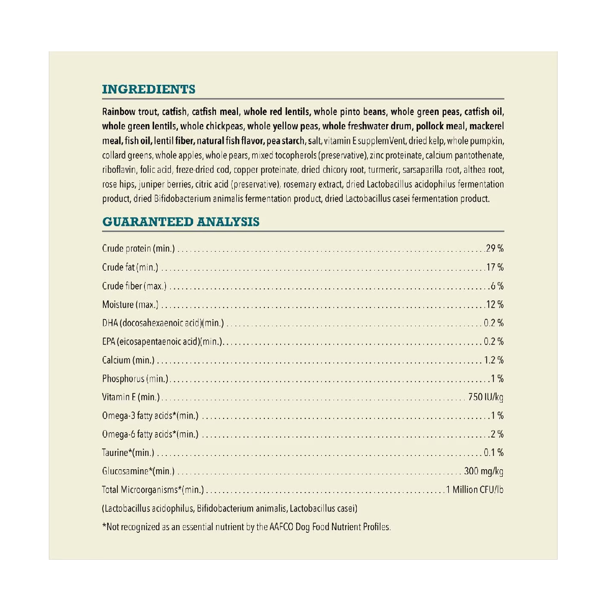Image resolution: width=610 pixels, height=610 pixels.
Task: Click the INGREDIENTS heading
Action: point(148,89)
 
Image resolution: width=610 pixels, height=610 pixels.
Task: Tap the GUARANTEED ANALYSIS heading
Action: point(180,222)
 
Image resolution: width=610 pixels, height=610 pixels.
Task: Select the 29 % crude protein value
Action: point(495,249)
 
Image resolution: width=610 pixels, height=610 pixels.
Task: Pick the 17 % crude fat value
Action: point(495,267)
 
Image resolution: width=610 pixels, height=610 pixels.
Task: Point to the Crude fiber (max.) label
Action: point(134,286)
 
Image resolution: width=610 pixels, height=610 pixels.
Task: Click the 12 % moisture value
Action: point(495,304)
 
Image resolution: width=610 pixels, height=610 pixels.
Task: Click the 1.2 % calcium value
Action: point(494,360)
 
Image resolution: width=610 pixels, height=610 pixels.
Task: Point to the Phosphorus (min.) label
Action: point(135,379)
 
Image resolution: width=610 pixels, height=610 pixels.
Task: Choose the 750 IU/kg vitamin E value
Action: point(485,397)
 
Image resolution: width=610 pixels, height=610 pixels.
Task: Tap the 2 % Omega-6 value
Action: point(497,434)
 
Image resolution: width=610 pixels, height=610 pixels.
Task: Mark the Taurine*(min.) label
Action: point(128,452)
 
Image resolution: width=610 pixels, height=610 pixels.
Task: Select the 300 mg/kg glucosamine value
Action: point(483,471)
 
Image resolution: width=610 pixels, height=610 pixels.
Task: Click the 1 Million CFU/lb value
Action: point(475,490)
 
